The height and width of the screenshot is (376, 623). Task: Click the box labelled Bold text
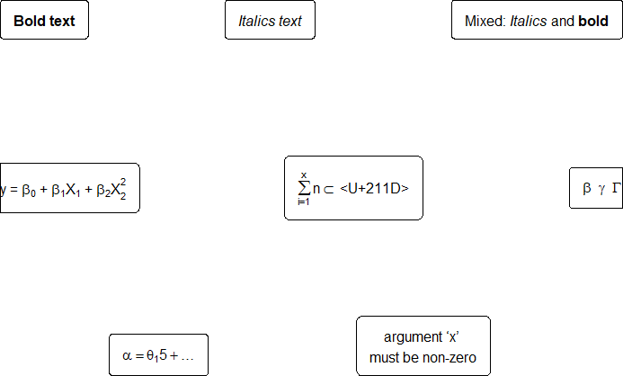[44, 21]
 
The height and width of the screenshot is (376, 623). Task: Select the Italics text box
[270, 21]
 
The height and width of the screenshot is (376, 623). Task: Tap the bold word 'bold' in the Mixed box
[592, 21]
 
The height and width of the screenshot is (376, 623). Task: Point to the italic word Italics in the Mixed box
[528, 21]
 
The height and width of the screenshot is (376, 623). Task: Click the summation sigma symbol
[304, 188]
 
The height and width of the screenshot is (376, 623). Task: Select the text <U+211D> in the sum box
[374, 188]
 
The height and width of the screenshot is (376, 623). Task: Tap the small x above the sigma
[304, 175]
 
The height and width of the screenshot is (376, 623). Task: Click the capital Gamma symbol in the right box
[616, 188]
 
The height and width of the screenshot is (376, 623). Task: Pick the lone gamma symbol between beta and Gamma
[601, 189]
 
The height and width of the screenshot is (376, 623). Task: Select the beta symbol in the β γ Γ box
[586, 188]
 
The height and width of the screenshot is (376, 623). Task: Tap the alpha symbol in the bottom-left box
[126, 355]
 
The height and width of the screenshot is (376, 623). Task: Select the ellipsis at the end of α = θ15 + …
[187, 356]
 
